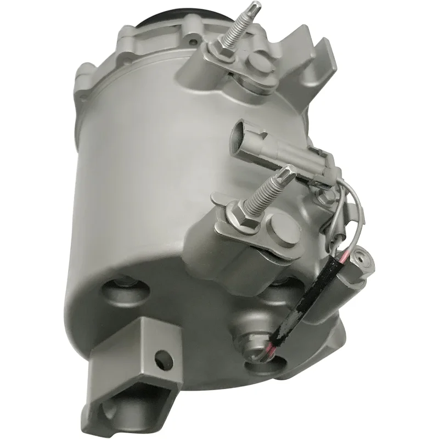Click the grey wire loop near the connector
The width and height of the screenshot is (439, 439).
pos(351,209)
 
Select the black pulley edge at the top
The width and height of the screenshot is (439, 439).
pos(159,16)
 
